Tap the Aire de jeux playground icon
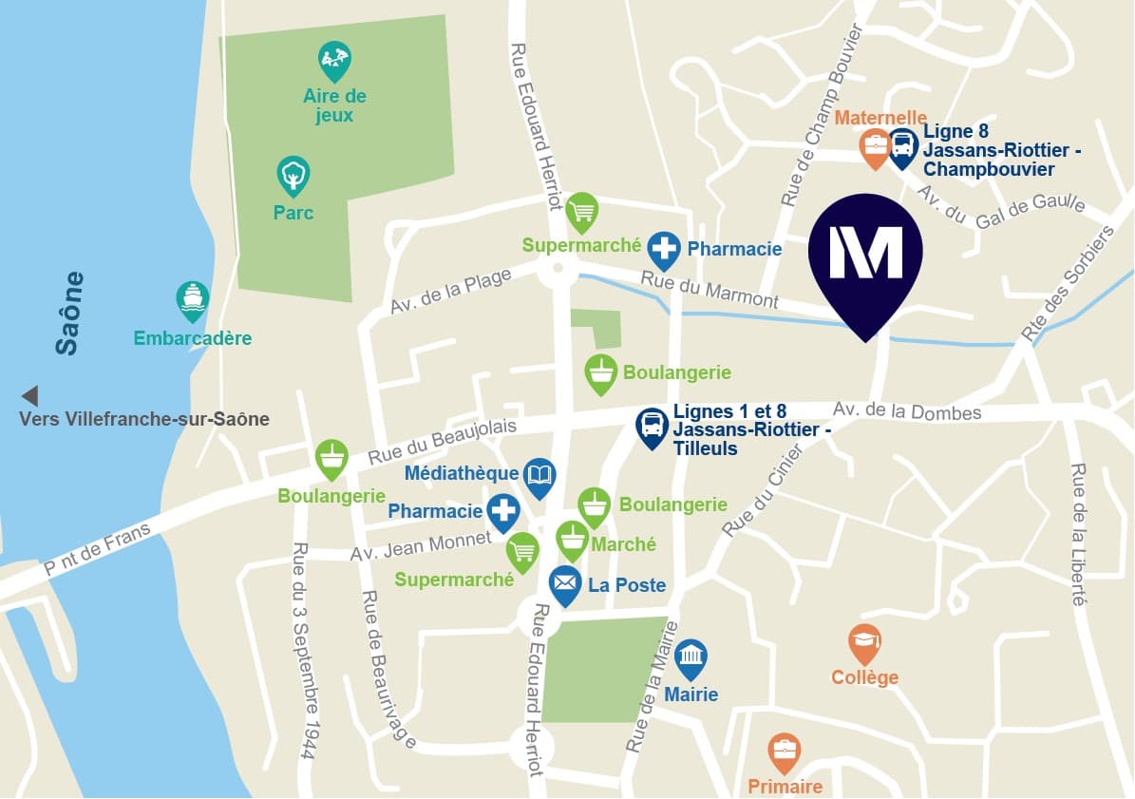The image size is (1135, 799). point(334,61)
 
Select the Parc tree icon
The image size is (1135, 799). point(293,176)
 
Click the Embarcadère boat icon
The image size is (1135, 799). point(193,299)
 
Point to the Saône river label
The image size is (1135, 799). point(67,314)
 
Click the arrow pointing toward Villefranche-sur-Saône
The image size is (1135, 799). point(29,396)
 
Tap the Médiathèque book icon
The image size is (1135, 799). point(539,476)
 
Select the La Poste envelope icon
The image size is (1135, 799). point(565,583)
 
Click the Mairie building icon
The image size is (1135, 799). point(690,657)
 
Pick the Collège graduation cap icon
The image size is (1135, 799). point(864,642)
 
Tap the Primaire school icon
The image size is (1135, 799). point(785,751)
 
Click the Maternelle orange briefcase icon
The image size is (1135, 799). point(874,147)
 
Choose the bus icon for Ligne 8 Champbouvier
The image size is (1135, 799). point(902,147)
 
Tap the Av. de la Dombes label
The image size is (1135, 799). point(906,411)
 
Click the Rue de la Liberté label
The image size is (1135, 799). point(1078,534)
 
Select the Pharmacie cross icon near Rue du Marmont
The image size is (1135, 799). point(664,249)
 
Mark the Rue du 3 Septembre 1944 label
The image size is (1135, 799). point(303,650)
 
